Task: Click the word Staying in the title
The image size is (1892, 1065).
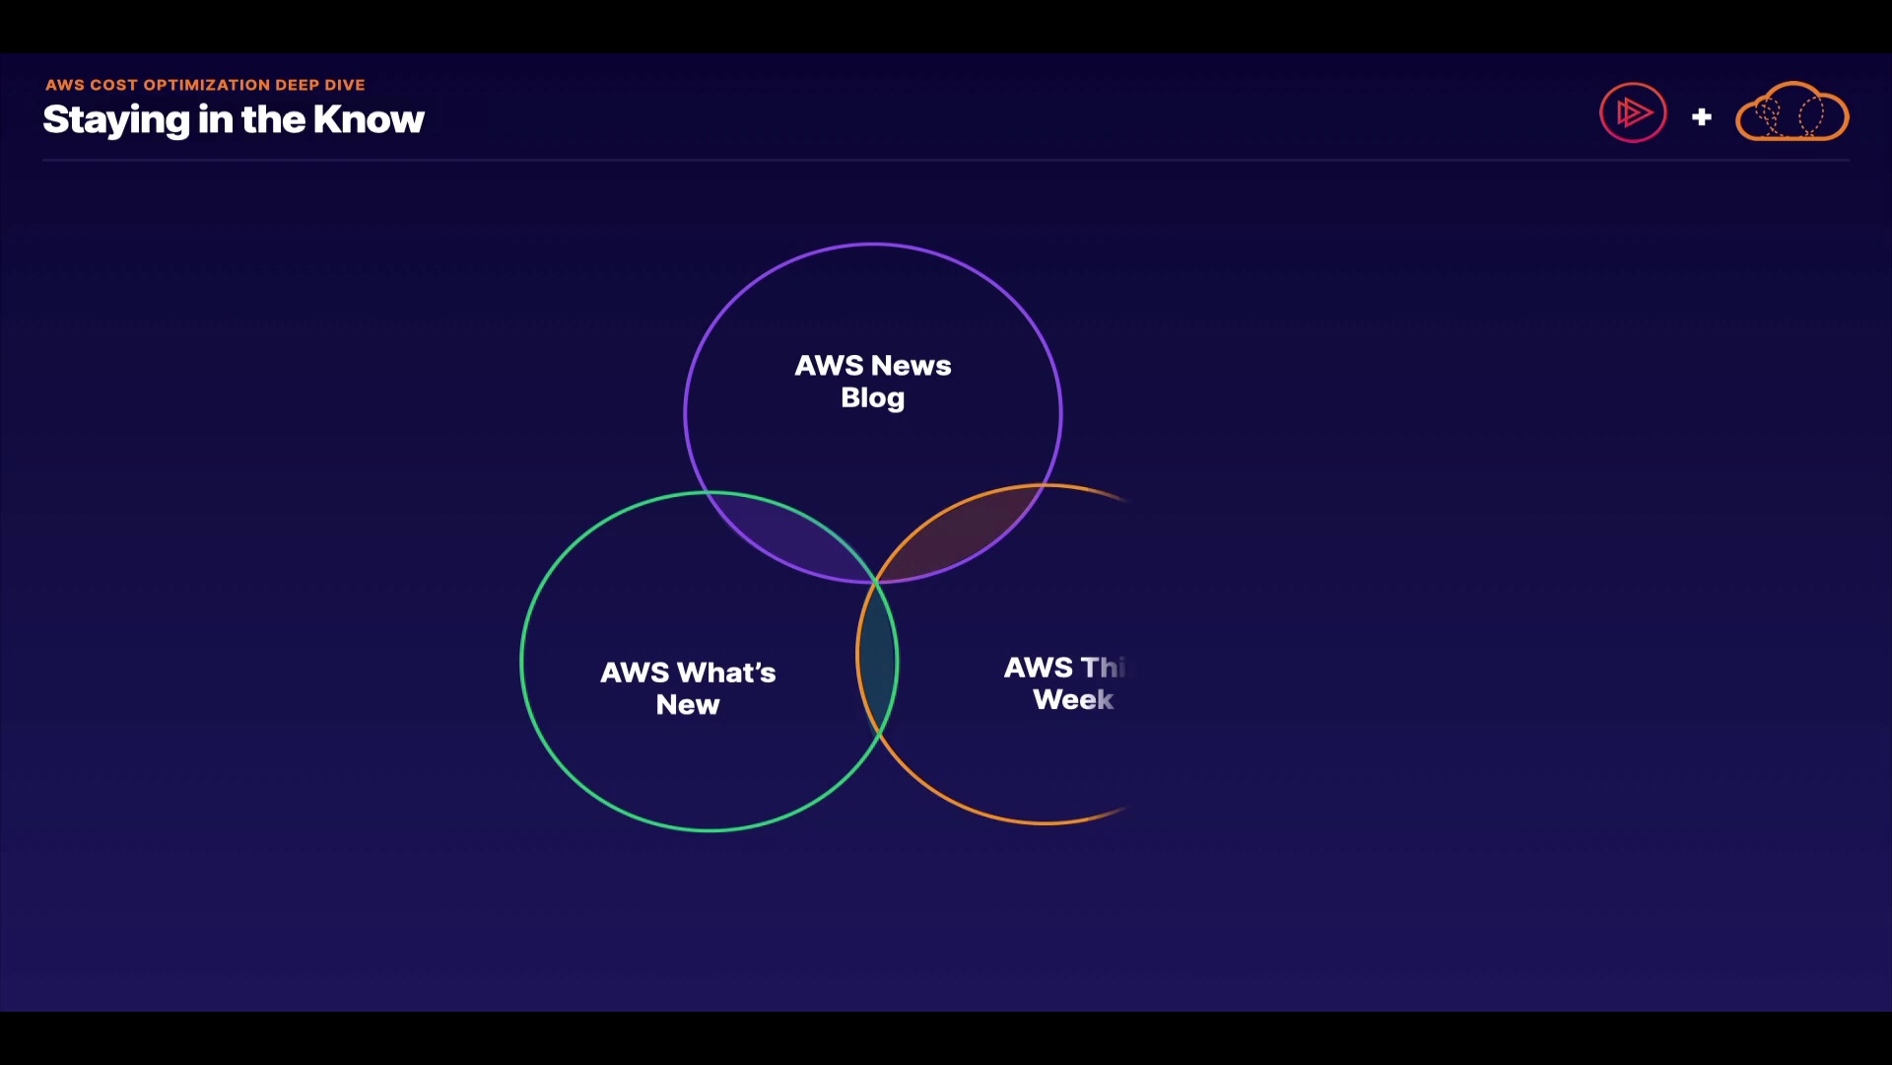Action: tap(116, 120)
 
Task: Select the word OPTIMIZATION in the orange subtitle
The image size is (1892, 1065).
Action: tap(206, 85)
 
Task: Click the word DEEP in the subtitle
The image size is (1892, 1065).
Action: tap(297, 85)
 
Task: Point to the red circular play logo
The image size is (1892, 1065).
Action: tap(1633, 112)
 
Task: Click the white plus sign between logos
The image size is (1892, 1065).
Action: tap(1701, 117)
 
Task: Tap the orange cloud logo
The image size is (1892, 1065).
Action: tap(1791, 112)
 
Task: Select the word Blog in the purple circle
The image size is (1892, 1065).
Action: tap(872, 398)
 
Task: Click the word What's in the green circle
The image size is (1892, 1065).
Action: tap(725, 673)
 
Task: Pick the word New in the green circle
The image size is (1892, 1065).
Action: tap(688, 705)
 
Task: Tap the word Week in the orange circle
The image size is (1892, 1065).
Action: tap(1073, 700)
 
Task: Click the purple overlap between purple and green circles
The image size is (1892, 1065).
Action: tap(788, 537)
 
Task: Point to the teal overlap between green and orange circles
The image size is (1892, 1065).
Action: tap(877, 656)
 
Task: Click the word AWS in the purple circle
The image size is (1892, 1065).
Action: tap(829, 366)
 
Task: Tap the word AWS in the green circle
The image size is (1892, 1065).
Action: tap(635, 673)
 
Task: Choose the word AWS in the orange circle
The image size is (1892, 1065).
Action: tap(1038, 668)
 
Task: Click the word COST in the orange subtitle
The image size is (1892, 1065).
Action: tap(113, 85)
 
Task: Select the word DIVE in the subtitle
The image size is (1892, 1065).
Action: tap(345, 85)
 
